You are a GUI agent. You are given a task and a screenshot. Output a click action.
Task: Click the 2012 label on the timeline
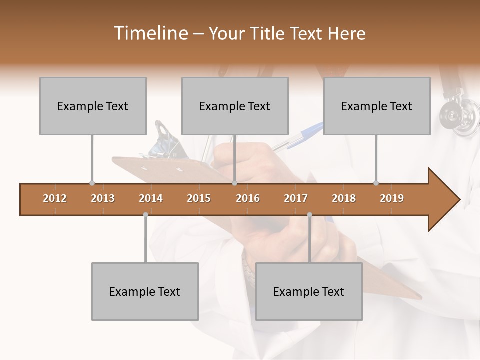pos(55,198)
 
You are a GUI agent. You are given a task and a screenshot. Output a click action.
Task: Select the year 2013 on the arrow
pos(103,198)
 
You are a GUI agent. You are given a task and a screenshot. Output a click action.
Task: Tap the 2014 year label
pos(151,198)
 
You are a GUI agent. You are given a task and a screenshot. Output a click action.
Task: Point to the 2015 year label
pos(199,198)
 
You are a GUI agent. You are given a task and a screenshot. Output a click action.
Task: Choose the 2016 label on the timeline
pos(248,198)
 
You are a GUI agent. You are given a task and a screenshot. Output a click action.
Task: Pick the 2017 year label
pos(296,198)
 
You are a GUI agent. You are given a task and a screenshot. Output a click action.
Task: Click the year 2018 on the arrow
pos(344,198)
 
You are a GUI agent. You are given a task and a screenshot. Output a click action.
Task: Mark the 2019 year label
pos(392,198)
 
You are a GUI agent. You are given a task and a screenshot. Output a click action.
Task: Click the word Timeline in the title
pos(150,33)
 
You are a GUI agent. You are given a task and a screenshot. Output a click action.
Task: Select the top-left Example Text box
pos(93,106)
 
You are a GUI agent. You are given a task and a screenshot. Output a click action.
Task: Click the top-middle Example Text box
pos(235,106)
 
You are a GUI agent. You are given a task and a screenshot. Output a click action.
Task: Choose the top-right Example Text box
pos(377,106)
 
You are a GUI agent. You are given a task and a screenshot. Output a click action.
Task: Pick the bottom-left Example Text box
pos(145,291)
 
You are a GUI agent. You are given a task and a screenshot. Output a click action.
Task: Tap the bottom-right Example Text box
pos(309,291)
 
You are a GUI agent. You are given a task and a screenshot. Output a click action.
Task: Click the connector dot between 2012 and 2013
pos(92,183)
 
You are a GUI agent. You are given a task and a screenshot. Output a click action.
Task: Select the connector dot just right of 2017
pos(309,214)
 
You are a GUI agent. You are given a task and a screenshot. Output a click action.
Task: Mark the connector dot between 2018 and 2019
pos(376,183)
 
